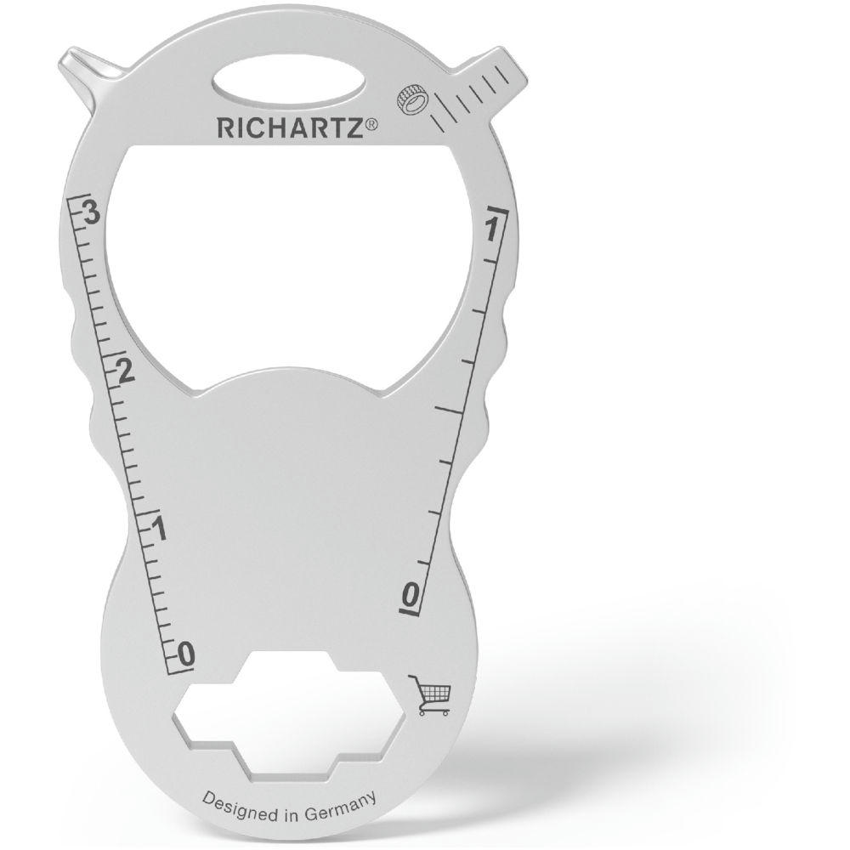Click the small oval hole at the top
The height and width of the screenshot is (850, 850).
289,85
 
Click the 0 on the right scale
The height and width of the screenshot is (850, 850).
411,595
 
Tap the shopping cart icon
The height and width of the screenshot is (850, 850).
430,694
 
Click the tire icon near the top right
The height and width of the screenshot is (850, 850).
412,99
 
